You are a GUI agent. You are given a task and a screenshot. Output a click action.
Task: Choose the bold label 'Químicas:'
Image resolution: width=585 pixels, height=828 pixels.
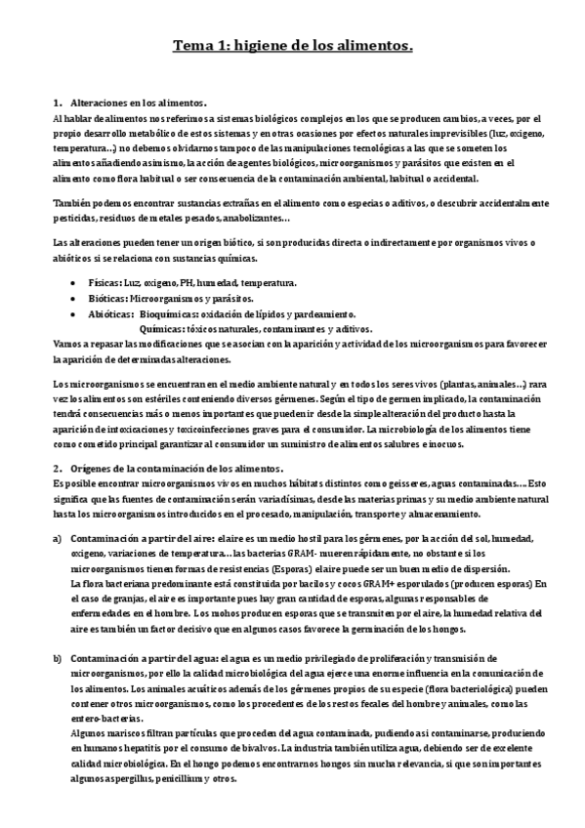163,329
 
